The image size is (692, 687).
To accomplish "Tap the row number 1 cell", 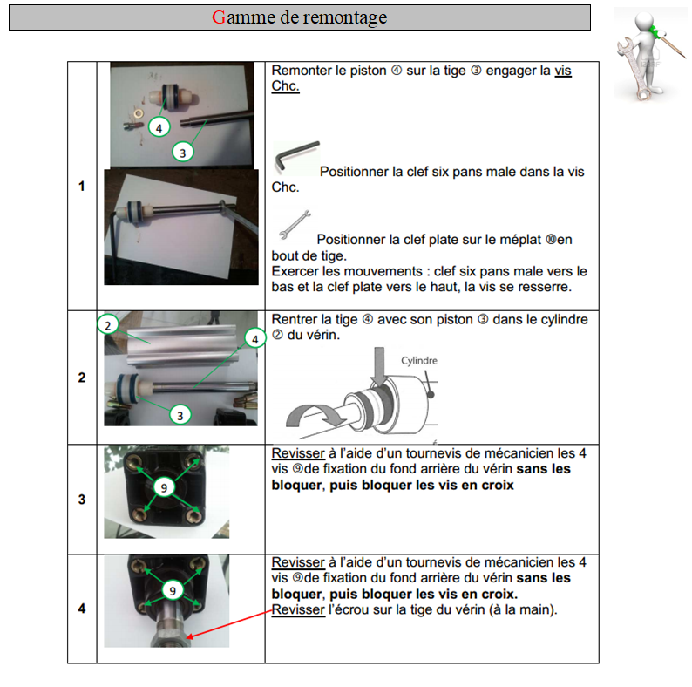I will click(x=82, y=186).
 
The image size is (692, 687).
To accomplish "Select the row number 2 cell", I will click(x=82, y=378).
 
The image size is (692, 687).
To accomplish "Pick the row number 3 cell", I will click(x=82, y=500).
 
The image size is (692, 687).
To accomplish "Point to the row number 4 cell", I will click(x=82, y=609).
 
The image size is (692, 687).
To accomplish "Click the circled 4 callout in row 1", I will click(x=159, y=127).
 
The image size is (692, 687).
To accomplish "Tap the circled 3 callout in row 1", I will click(x=181, y=151).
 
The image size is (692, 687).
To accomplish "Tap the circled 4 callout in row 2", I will click(x=254, y=338).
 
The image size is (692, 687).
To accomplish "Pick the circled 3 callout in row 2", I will click(x=180, y=415).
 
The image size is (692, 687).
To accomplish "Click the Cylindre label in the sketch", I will click(x=418, y=360).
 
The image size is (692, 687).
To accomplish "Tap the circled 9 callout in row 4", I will click(x=173, y=591).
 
